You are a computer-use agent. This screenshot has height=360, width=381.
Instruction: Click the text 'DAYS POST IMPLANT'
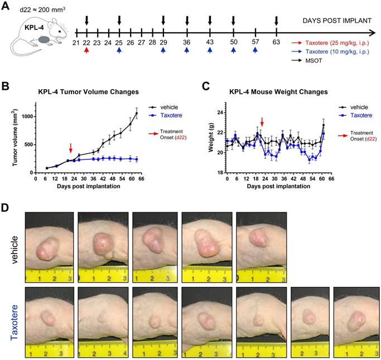tap(337, 21)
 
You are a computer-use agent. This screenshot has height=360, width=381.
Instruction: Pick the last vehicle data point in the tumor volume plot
tap(137, 114)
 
